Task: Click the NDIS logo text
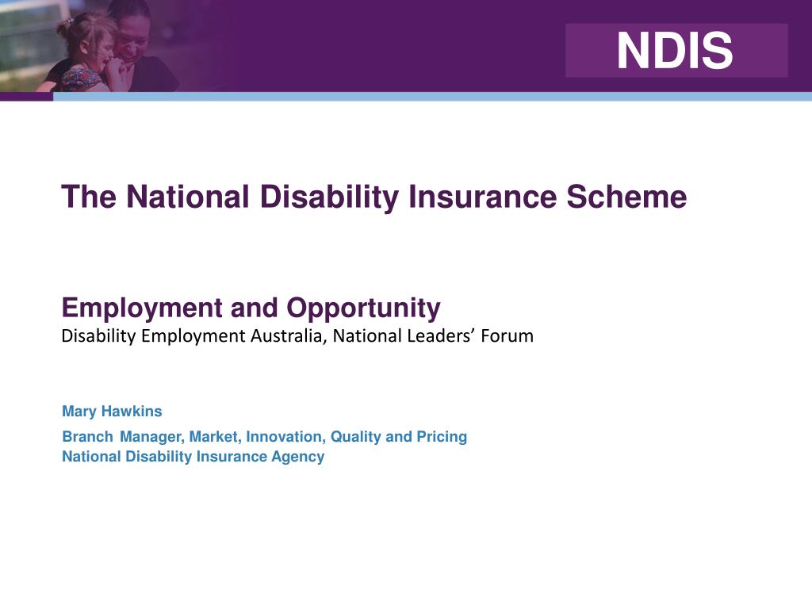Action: (x=675, y=51)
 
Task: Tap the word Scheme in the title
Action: (x=626, y=197)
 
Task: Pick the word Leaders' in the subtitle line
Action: (x=442, y=336)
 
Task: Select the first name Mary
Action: (x=79, y=412)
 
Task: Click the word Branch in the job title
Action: (x=87, y=437)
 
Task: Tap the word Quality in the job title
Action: (x=356, y=437)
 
